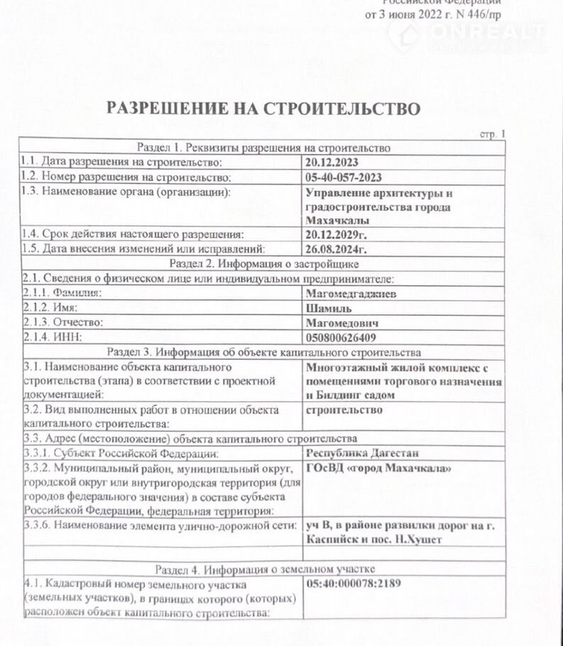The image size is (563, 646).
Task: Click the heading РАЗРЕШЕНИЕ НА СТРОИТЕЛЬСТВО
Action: click(263, 108)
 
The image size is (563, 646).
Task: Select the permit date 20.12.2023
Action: click(332, 163)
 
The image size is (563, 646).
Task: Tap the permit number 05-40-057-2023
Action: click(342, 177)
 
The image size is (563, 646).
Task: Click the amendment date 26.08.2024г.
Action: click(337, 249)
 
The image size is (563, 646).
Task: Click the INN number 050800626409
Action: click(341, 337)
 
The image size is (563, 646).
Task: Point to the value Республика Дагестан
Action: click(362, 453)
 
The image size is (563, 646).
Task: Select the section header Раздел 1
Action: click(263, 148)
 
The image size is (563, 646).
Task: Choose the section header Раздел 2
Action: click(263, 263)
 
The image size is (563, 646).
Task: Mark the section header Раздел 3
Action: click(263, 352)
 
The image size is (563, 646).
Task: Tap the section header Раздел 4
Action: click(263, 569)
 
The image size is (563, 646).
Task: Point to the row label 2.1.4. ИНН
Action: click(53, 337)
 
